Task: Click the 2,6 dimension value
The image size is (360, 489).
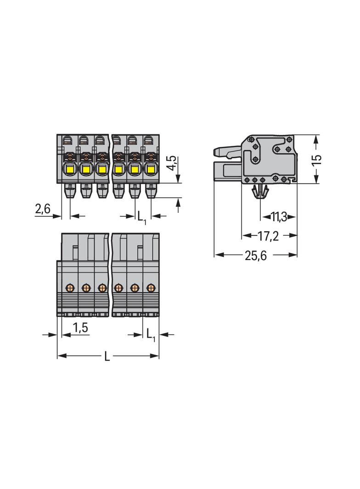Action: (43, 210)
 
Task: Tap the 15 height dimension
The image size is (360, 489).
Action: (316, 160)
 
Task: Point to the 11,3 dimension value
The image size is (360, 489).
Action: (278, 217)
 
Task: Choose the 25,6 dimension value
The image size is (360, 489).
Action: (256, 256)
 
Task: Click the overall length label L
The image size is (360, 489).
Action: (107, 356)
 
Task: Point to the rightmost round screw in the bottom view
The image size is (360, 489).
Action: (150, 288)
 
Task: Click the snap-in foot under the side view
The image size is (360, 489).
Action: (260, 193)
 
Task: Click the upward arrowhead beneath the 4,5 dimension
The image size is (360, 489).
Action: (178, 203)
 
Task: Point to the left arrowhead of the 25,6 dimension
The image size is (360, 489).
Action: (219, 255)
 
